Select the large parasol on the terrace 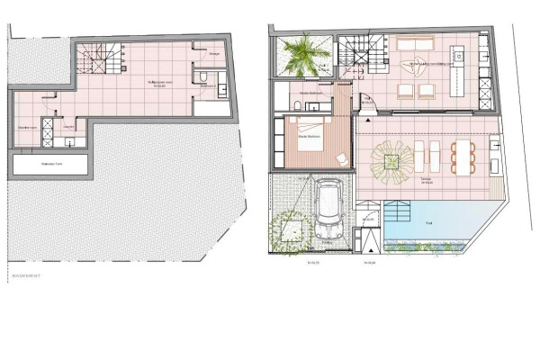[393, 160]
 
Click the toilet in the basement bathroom [205, 88]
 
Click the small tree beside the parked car [289, 228]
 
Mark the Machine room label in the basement [26, 126]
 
